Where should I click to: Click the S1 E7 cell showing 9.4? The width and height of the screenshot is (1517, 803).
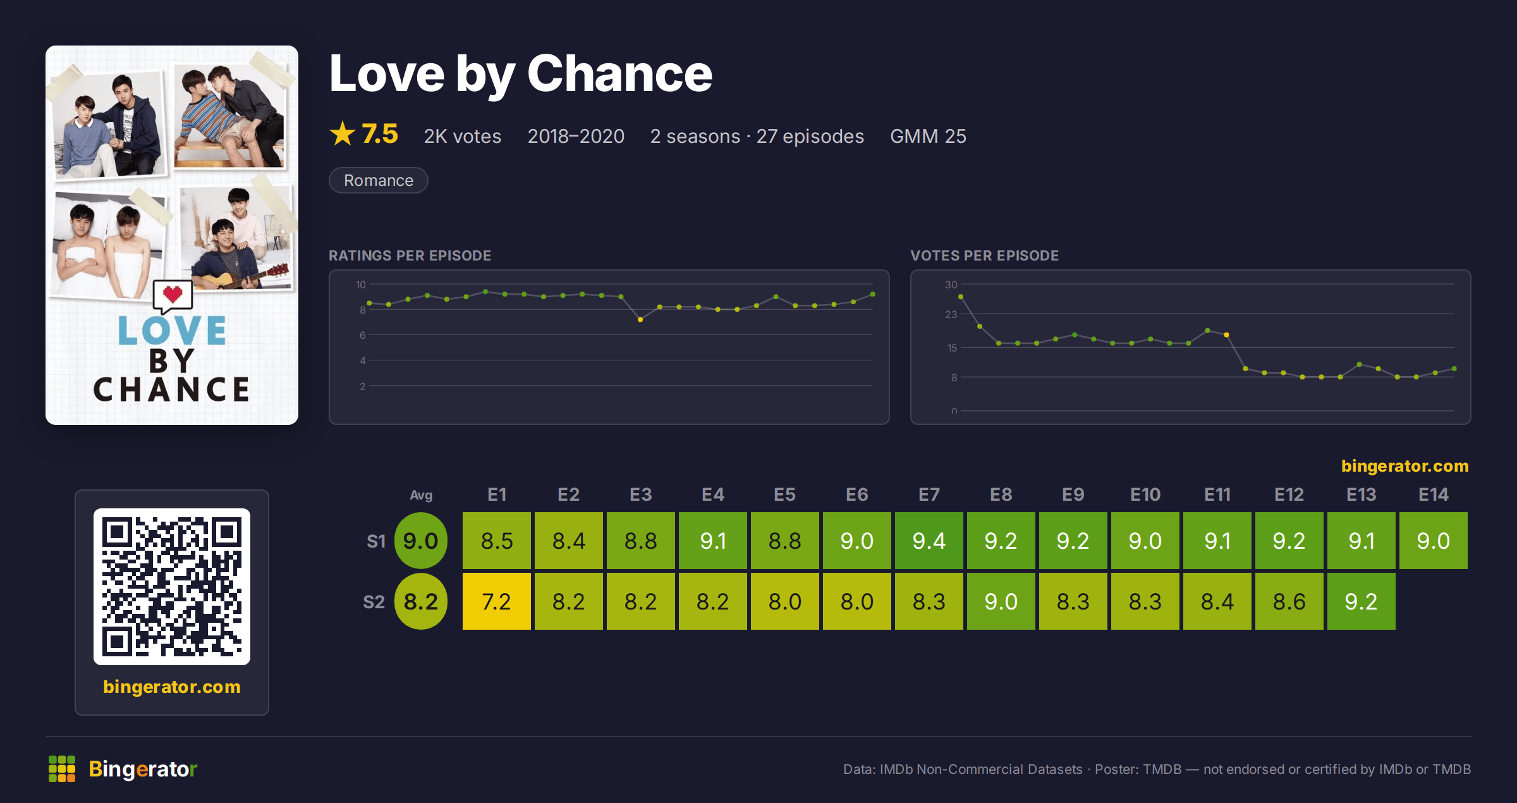pos(929,541)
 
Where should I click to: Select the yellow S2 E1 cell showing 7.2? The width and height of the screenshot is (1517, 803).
pos(496,601)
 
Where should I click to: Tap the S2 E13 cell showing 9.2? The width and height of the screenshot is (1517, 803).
pos(1361,601)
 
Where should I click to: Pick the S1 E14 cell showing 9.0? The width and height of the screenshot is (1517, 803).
pos(1433,541)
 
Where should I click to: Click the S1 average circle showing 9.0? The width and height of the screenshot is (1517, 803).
pos(420,541)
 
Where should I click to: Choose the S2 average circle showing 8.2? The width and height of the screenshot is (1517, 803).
pos(420,601)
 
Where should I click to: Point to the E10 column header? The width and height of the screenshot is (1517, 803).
pos(1145,494)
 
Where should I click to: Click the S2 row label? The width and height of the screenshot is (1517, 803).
pos(374,601)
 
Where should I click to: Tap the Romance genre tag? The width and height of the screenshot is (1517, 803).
pos(378,180)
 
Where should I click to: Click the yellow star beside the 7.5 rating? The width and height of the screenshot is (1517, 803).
pos(343,133)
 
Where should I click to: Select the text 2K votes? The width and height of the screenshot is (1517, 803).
pos(462,136)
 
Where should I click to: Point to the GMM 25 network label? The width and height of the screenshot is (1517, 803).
pos(928,136)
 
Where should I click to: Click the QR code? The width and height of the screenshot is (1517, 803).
pos(172,587)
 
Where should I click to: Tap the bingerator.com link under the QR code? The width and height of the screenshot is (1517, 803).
pos(172,687)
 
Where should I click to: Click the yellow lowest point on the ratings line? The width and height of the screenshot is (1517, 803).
pos(640,320)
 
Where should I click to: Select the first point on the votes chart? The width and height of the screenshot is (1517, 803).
pos(961,297)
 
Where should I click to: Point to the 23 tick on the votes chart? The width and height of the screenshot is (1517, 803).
pos(951,314)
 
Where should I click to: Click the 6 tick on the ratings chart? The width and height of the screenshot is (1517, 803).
pos(363,335)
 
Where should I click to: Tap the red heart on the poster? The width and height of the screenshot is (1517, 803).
pos(173,293)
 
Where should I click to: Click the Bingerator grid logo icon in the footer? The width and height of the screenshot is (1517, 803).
pos(62,769)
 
